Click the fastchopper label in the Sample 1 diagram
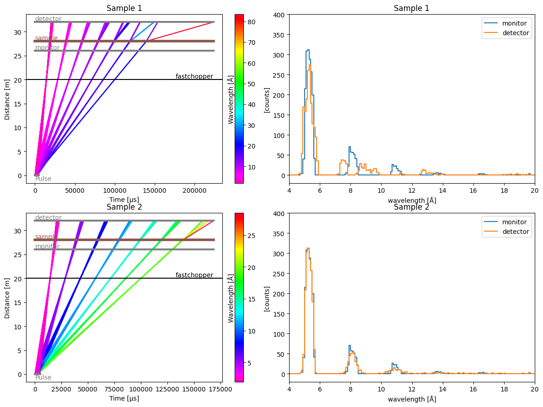click(194, 76)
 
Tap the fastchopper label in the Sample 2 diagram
click(194, 275)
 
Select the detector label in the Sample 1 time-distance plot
click(48, 19)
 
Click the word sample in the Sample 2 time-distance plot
click(46, 237)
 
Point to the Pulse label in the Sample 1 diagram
click(43, 179)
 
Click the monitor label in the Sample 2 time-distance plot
click(47, 246)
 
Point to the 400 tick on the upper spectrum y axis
click(279, 15)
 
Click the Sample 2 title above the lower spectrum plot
click(411, 206)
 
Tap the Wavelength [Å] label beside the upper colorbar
click(231, 99)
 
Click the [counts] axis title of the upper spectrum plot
click(266, 99)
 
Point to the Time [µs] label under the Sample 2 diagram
click(124, 398)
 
